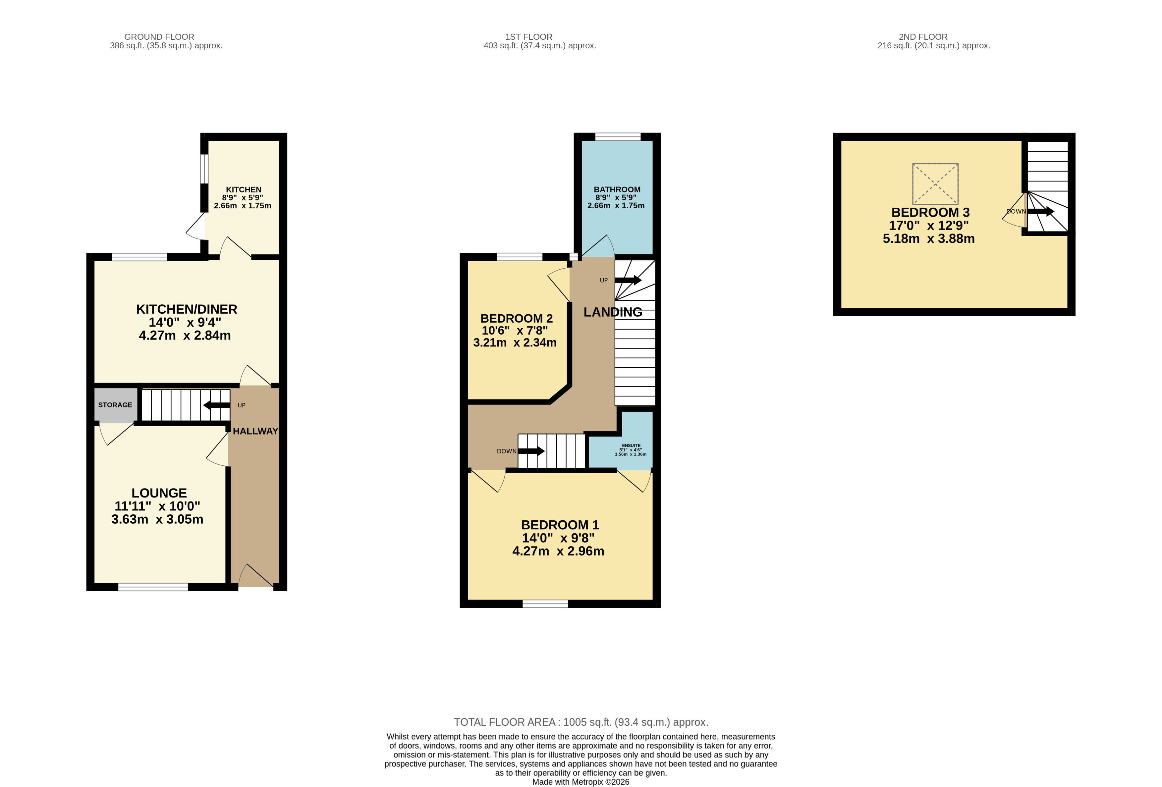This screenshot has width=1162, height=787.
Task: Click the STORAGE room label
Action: tap(115, 405)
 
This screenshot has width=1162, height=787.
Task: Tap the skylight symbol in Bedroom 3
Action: tap(935, 184)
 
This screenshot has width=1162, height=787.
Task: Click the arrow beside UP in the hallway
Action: tap(216, 405)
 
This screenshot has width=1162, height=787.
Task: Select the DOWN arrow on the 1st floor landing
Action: tap(531, 451)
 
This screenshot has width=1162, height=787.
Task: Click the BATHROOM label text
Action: tap(617, 189)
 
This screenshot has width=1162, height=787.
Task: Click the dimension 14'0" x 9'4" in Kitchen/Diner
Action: tap(185, 322)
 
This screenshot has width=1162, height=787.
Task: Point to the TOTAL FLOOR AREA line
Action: tap(581, 722)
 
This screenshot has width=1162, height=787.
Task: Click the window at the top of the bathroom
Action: tap(618, 136)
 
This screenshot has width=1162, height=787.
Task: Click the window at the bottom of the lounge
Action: tap(153, 587)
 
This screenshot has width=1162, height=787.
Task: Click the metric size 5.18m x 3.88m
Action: tap(928, 239)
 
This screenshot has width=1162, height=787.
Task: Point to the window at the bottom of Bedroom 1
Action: tap(545, 603)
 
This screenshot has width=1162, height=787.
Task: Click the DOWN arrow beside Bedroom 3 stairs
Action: tap(1040, 211)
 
